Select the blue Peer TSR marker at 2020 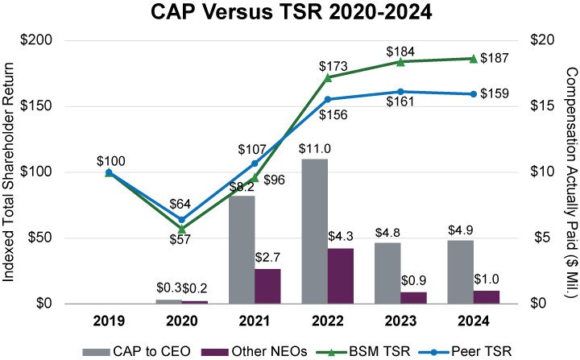(181, 220)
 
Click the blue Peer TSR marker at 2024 (473, 94)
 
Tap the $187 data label (495, 58)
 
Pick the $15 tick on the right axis (547, 106)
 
